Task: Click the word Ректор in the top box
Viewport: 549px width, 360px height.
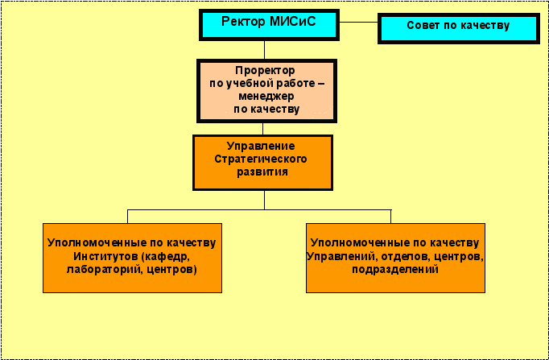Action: pyautogui.click(x=243, y=23)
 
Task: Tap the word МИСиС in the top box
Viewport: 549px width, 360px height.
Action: pyautogui.click(x=293, y=22)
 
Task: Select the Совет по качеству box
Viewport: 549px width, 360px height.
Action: pyautogui.click(x=459, y=28)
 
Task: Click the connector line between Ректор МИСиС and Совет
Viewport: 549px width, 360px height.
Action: pyautogui.click(x=358, y=22)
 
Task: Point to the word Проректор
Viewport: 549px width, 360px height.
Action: pyautogui.click(x=265, y=71)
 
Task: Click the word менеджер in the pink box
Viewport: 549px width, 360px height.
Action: pyautogui.click(x=266, y=97)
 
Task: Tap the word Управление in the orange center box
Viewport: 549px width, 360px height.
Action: pyautogui.click(x=261, y=146)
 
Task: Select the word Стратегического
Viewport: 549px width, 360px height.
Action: pyautogui.click(x=261, y=159)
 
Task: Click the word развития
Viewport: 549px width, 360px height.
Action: pyautogui.click(x=262, y=172)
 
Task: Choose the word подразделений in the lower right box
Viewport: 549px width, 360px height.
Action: pyautogui.click(x=395, y=270)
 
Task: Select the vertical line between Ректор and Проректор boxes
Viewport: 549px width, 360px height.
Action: pyautogui.click(x=264, y=50)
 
